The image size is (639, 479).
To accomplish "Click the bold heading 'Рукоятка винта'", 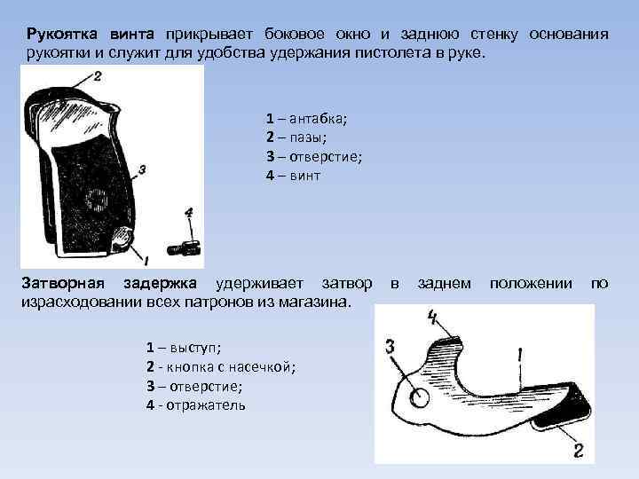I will [x=90, y=35].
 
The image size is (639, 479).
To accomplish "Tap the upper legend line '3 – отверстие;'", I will [x=313, y=157].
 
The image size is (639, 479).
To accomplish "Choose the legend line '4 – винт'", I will [x=293, y=176].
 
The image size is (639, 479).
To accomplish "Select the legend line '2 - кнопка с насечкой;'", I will [x=220, y=367].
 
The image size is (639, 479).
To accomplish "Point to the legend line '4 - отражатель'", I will [x=195, y=404].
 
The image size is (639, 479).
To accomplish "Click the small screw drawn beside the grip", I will [x=187, y=247].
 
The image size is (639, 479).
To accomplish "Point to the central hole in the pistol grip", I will [x=94, y=201].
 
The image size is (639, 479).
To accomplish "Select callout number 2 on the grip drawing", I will [x=96, y=77].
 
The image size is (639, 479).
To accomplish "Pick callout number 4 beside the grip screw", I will [x=188, y=214].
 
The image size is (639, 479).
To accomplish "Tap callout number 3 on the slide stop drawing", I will [x=390, y=346].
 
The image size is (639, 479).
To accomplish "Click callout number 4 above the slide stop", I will [x=432, y=316].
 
